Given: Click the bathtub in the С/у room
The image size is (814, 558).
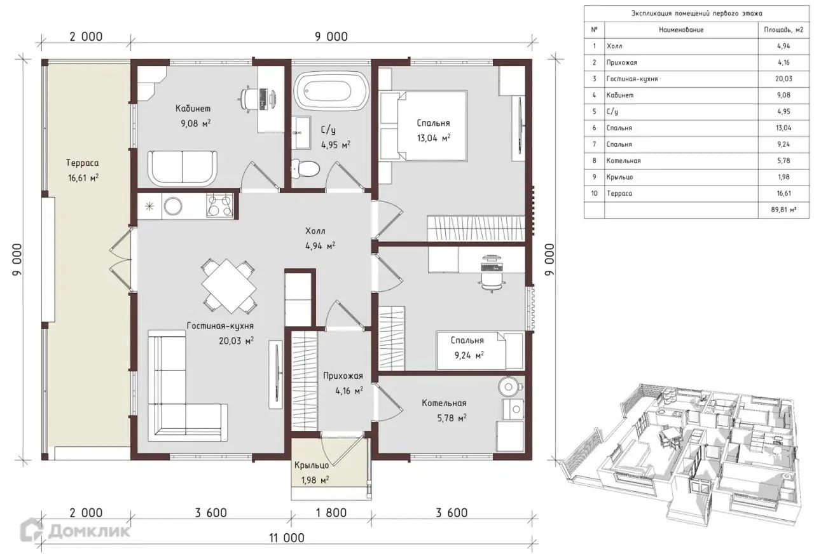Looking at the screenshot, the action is pyautogui.click(x=331, y=90).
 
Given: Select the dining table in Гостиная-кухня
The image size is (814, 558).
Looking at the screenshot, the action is pyautogui.click(x=228, y=285).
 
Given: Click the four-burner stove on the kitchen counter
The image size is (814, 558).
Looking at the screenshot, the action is pyautogui.click(x=219, y=206).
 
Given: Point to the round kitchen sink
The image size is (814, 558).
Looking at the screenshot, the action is pyautogui.click(x=173, y=207).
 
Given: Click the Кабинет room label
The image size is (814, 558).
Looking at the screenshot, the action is pyautogui.click(x=193, y=108).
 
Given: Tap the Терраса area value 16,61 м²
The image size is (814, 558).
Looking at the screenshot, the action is pyautogui.click(x=83, y=178).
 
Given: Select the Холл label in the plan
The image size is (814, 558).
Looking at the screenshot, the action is pyautogui.click(x=315, y=231).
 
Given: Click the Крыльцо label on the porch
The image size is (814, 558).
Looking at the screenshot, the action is pyautogui.click(x=312, y=465).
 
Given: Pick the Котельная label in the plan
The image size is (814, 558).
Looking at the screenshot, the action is pyautogui.click(x=444, y=403).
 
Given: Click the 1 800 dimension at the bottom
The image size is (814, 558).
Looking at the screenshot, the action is pyautogui.click(x=331, y=513).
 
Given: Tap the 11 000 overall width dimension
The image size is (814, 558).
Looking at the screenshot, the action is pyautogui.click(x=286, y=538).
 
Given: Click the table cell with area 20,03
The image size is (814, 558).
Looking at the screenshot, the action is pyautogui.click(x=783, y=79).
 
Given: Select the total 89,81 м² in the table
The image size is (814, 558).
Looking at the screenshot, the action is pyautogui.click(x=784, y=210).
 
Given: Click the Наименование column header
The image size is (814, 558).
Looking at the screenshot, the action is pyautogui.click(x=681, y=30).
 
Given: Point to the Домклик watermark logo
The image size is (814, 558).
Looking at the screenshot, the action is pyautogui.click(x=75, y=531).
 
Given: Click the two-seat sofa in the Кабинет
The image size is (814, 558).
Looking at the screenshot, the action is pyautogui.click(x=182, y=168).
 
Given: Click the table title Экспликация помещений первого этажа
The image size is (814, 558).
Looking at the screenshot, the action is pyautogui.click(x=696, y=13).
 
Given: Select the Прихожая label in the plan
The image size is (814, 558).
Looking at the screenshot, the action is pyautogui.click(x=343, y=376).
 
